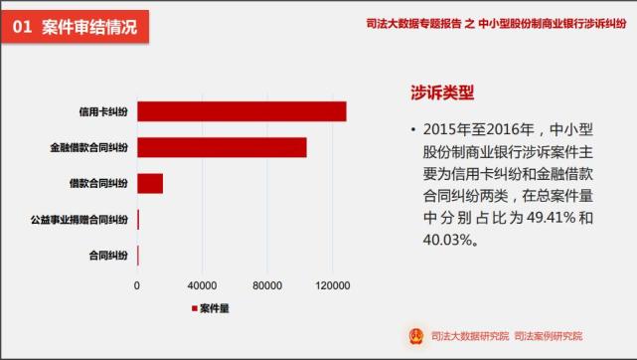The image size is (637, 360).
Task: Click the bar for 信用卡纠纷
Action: (241, 111)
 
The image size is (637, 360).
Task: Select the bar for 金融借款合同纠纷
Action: (222, 147)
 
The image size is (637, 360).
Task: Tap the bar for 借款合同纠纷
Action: (150, 183)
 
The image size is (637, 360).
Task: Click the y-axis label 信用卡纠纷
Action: (103, 111)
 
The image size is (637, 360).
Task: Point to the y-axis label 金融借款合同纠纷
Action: (88, 147)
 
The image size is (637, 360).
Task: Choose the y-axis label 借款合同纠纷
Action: (98, 183)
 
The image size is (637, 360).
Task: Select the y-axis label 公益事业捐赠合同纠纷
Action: (80, 219)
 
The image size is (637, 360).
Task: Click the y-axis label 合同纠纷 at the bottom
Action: (108, 256)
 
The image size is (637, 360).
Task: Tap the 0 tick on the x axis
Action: (137, 285)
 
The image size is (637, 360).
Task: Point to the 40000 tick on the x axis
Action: (202, 285)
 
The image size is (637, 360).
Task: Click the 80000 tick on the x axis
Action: (267, 285)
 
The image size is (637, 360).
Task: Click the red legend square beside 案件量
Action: (195, 308)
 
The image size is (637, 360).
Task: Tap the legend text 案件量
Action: (216, 308)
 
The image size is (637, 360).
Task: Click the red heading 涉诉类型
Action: (442, 93)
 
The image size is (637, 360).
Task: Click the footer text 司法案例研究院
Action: (550, 335)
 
